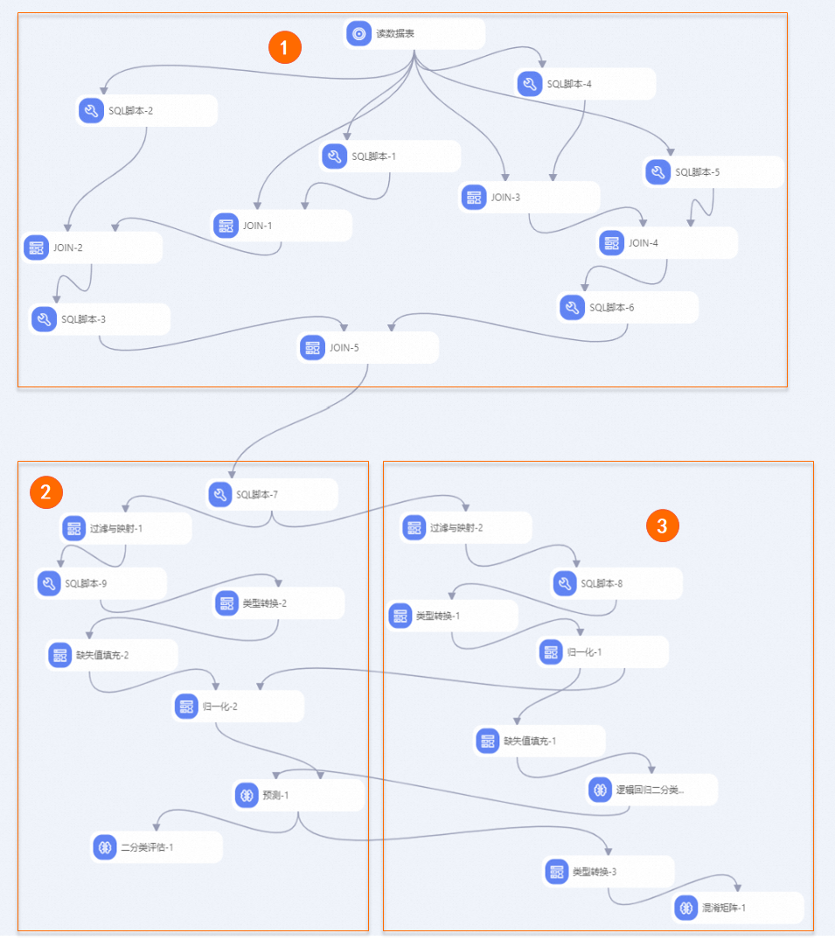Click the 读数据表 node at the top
(x=414, y=33)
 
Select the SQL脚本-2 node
(x=147, y=111)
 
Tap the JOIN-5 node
(x=368, y=348)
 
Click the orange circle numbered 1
(x=285, y=47)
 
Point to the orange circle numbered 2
(x=46, y=492)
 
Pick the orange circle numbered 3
(x=663, y=526)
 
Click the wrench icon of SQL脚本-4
(x=530, y=84)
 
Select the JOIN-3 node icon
(x=474, y=198)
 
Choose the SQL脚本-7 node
(x=272, y=495)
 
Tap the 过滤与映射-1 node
(x=126, y=529)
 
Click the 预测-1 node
(x=298, y=796)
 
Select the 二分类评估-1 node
(x=157, y=847)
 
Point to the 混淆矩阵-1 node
(x=738, y=908)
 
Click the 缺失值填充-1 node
(x=539, y=741)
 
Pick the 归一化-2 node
(x=238, y=707)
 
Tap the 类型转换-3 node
(x=609, y=872)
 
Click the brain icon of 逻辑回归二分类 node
(x=600, y=790)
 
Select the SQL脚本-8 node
(x=616, y=583)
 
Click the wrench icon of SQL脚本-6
(x=573, y=308)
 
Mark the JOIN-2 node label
(x=67, y=247)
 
